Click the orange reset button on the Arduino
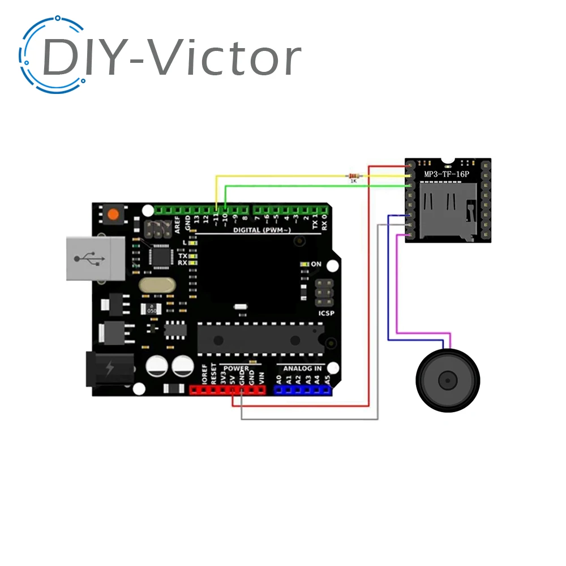(114, 215)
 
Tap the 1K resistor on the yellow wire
(353, 177)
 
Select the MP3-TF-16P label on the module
(447, 174)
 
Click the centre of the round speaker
(448, 379)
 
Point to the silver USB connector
(95, 258)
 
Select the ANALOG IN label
(302, 368)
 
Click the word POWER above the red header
(235, 368)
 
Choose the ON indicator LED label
(316, 264)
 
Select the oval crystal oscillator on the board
(157, 285)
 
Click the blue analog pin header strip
(302, 390)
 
